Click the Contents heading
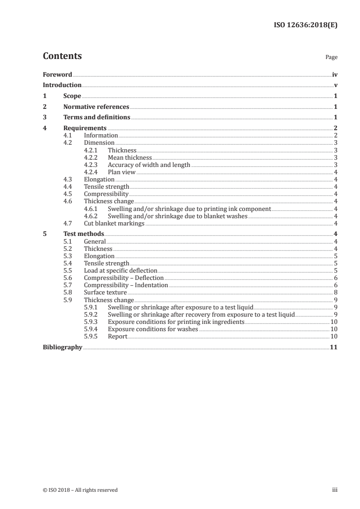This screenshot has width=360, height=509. tap(62, 56)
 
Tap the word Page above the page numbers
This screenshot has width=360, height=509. tap(331, 58)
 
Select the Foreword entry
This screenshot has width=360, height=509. tap(57, 75)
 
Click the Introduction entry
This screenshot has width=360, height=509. tap(62, 85)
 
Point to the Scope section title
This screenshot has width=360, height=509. tap(72, 96)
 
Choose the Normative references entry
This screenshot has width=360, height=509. tap(96, 107)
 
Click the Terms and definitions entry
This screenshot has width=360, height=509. tap(97, 117)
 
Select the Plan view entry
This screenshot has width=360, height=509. tap(122, 172)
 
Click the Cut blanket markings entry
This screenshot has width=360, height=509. tap(114, 223)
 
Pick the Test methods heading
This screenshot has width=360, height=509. tap(84, 234)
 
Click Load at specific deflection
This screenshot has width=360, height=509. tap(120, 270)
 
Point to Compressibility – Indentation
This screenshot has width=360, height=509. tap(126, 285)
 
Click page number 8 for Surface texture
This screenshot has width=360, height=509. tap(335, 293)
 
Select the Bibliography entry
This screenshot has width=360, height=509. tap(62, 347)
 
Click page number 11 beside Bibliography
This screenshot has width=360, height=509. tap(334, 347)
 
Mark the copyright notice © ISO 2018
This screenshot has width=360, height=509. tap(80, 490)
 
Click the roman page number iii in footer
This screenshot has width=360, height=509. tap(334, 490)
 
